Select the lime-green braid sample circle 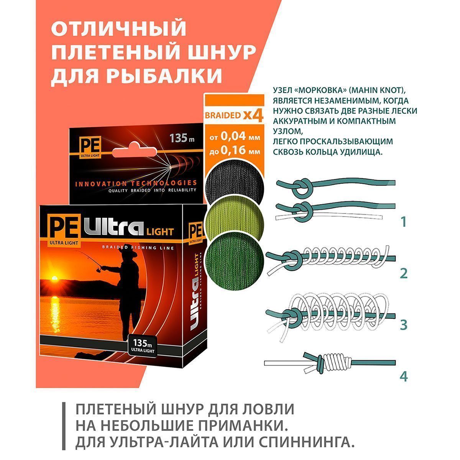click(x=235, y=219)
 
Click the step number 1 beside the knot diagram click(x=403, y=222)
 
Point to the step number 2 click(x=404, y=274)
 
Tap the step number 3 click(x=404, y=325)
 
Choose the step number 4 click(x=404, y=377)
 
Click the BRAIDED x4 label click(x=234, y=115)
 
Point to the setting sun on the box click(x=55, y=278)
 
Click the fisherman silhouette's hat click(x=129, y=253)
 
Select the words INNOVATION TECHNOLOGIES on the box click(x=136, y=184)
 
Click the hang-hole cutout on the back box click(x=135, y=150)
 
